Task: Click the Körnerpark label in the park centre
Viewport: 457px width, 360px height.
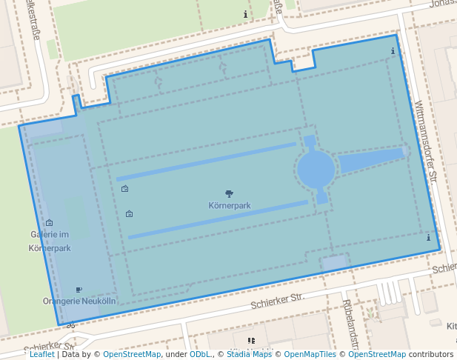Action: (229, 204)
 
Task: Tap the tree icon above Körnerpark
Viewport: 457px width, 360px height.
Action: (229, 194)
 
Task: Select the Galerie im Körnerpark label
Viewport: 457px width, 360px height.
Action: (50, 241)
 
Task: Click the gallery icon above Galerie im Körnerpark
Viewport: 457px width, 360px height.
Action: (50, 223)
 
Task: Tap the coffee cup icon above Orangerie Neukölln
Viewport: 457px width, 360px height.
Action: (79, 290)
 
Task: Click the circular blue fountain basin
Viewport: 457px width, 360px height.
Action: (316, 170)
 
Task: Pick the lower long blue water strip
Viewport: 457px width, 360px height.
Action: (218, 219)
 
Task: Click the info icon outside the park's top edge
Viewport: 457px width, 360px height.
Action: (245, 14)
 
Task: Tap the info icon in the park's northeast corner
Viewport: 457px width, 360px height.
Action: (393, 51)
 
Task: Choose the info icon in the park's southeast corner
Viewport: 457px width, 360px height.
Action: (428, 238)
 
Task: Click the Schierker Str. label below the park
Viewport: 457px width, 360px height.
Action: (278, 300)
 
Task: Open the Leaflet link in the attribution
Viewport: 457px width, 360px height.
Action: (42, 354)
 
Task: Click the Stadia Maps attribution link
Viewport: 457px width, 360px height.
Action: (249, 354)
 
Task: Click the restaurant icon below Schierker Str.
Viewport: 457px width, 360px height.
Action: (251, 341)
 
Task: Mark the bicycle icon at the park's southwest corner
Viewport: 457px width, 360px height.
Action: (71, 324)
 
